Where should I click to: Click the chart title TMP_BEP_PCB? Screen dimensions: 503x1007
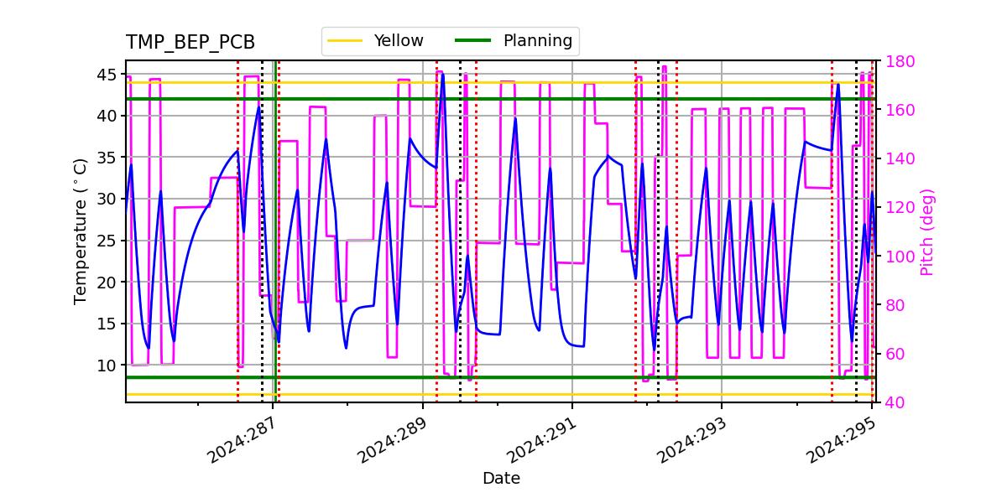(190, 43)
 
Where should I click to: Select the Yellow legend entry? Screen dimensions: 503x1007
(399, 41)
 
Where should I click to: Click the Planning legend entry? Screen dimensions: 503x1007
(537, 41)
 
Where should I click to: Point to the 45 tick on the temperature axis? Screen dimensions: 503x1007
(107, 75)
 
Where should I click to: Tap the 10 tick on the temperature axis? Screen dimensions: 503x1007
(107, 366)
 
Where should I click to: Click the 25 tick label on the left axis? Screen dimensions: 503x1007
(107, 241)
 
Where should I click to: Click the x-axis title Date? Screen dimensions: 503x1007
(501, 479)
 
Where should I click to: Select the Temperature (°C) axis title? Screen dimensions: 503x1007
(81, 231)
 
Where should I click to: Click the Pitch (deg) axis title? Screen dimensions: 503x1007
(927, 231)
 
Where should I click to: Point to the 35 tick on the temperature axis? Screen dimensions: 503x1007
(107, 158)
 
